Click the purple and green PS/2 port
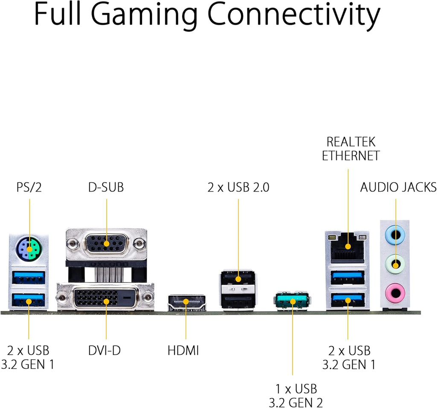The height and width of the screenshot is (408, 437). point(29,248)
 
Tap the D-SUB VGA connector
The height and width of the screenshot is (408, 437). point(106,244)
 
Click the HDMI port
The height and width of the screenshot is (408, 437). point(186,303)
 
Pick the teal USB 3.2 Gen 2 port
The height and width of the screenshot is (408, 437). point(292,301)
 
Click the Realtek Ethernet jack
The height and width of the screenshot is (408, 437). point(347,248)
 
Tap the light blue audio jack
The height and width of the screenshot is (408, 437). point(395,235)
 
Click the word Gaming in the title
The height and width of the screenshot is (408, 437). point(144,16)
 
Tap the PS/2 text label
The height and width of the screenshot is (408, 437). point(29,187)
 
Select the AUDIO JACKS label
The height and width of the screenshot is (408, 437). point(398,187)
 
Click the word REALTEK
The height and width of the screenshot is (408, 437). point(351,142)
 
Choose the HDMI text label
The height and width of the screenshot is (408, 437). point(184,350)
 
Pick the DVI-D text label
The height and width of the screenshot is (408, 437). point(105,350)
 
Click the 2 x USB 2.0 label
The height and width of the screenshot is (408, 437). point(238,187)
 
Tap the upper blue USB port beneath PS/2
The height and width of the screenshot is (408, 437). point(29,277)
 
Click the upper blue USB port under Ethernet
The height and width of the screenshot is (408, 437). point(347,277)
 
